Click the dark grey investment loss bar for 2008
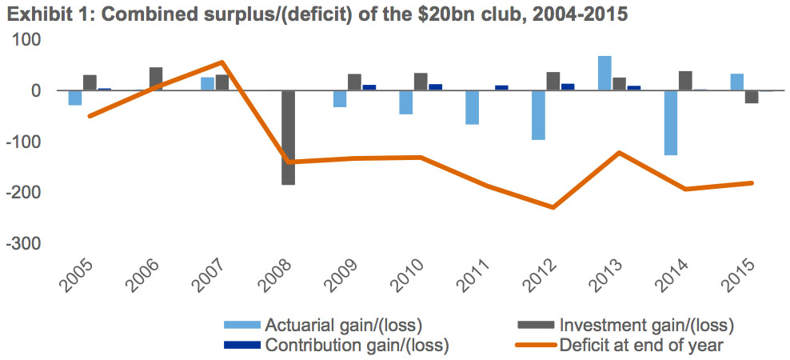[288, 138]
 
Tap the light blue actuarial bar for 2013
[605, 74]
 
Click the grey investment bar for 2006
[156, 79]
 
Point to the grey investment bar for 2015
[752, 97]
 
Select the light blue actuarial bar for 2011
[473, 107]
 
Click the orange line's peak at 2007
[221, 62]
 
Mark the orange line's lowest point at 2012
[553, 207]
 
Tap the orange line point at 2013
[619, 152]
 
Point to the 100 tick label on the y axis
[29, 40]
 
